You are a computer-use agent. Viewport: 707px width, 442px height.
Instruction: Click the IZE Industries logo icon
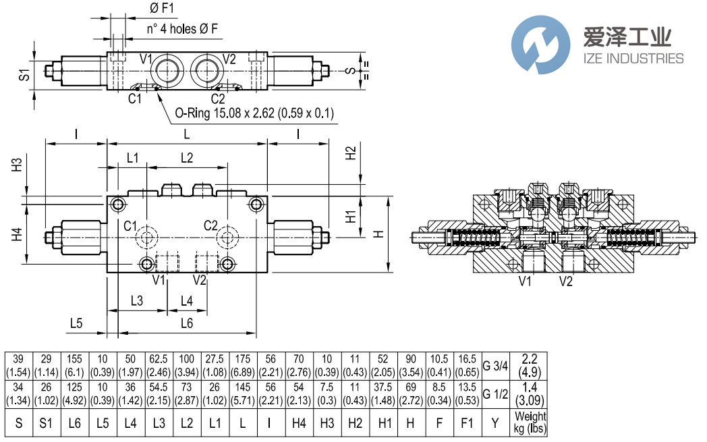[541, 46]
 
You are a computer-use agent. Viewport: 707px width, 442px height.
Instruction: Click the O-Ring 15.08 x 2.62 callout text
[254, 113]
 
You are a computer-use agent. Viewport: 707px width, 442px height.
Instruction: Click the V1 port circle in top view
[165, 70]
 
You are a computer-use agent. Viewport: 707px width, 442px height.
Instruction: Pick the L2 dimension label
[187, 158]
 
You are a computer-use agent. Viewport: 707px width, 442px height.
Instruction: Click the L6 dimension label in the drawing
[187, 323]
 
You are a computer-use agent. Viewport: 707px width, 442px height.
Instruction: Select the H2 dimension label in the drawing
[350, 154]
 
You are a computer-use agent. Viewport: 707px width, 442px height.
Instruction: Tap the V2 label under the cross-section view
[565, 281]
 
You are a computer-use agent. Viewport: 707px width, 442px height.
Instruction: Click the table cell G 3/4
[494, 366]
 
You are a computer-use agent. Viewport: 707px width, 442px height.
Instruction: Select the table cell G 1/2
[494, 395]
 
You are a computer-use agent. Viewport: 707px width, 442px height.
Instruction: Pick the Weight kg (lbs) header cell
[530, 424]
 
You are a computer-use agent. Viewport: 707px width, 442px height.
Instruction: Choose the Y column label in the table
[494, 424]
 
